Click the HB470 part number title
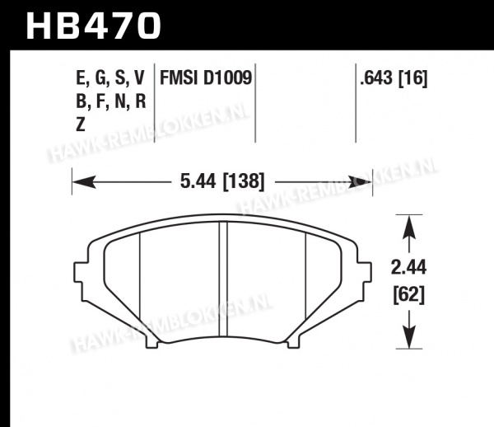(94, 26)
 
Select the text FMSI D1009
(206, 77)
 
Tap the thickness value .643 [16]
(394, 77)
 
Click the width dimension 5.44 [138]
(222, 181)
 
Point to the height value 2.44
(408, 267)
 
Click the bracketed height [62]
(409, 295)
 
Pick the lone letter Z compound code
(81, 124)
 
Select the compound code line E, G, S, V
(110, 77)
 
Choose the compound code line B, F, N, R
(111, 101)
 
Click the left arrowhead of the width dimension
(84, 182)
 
